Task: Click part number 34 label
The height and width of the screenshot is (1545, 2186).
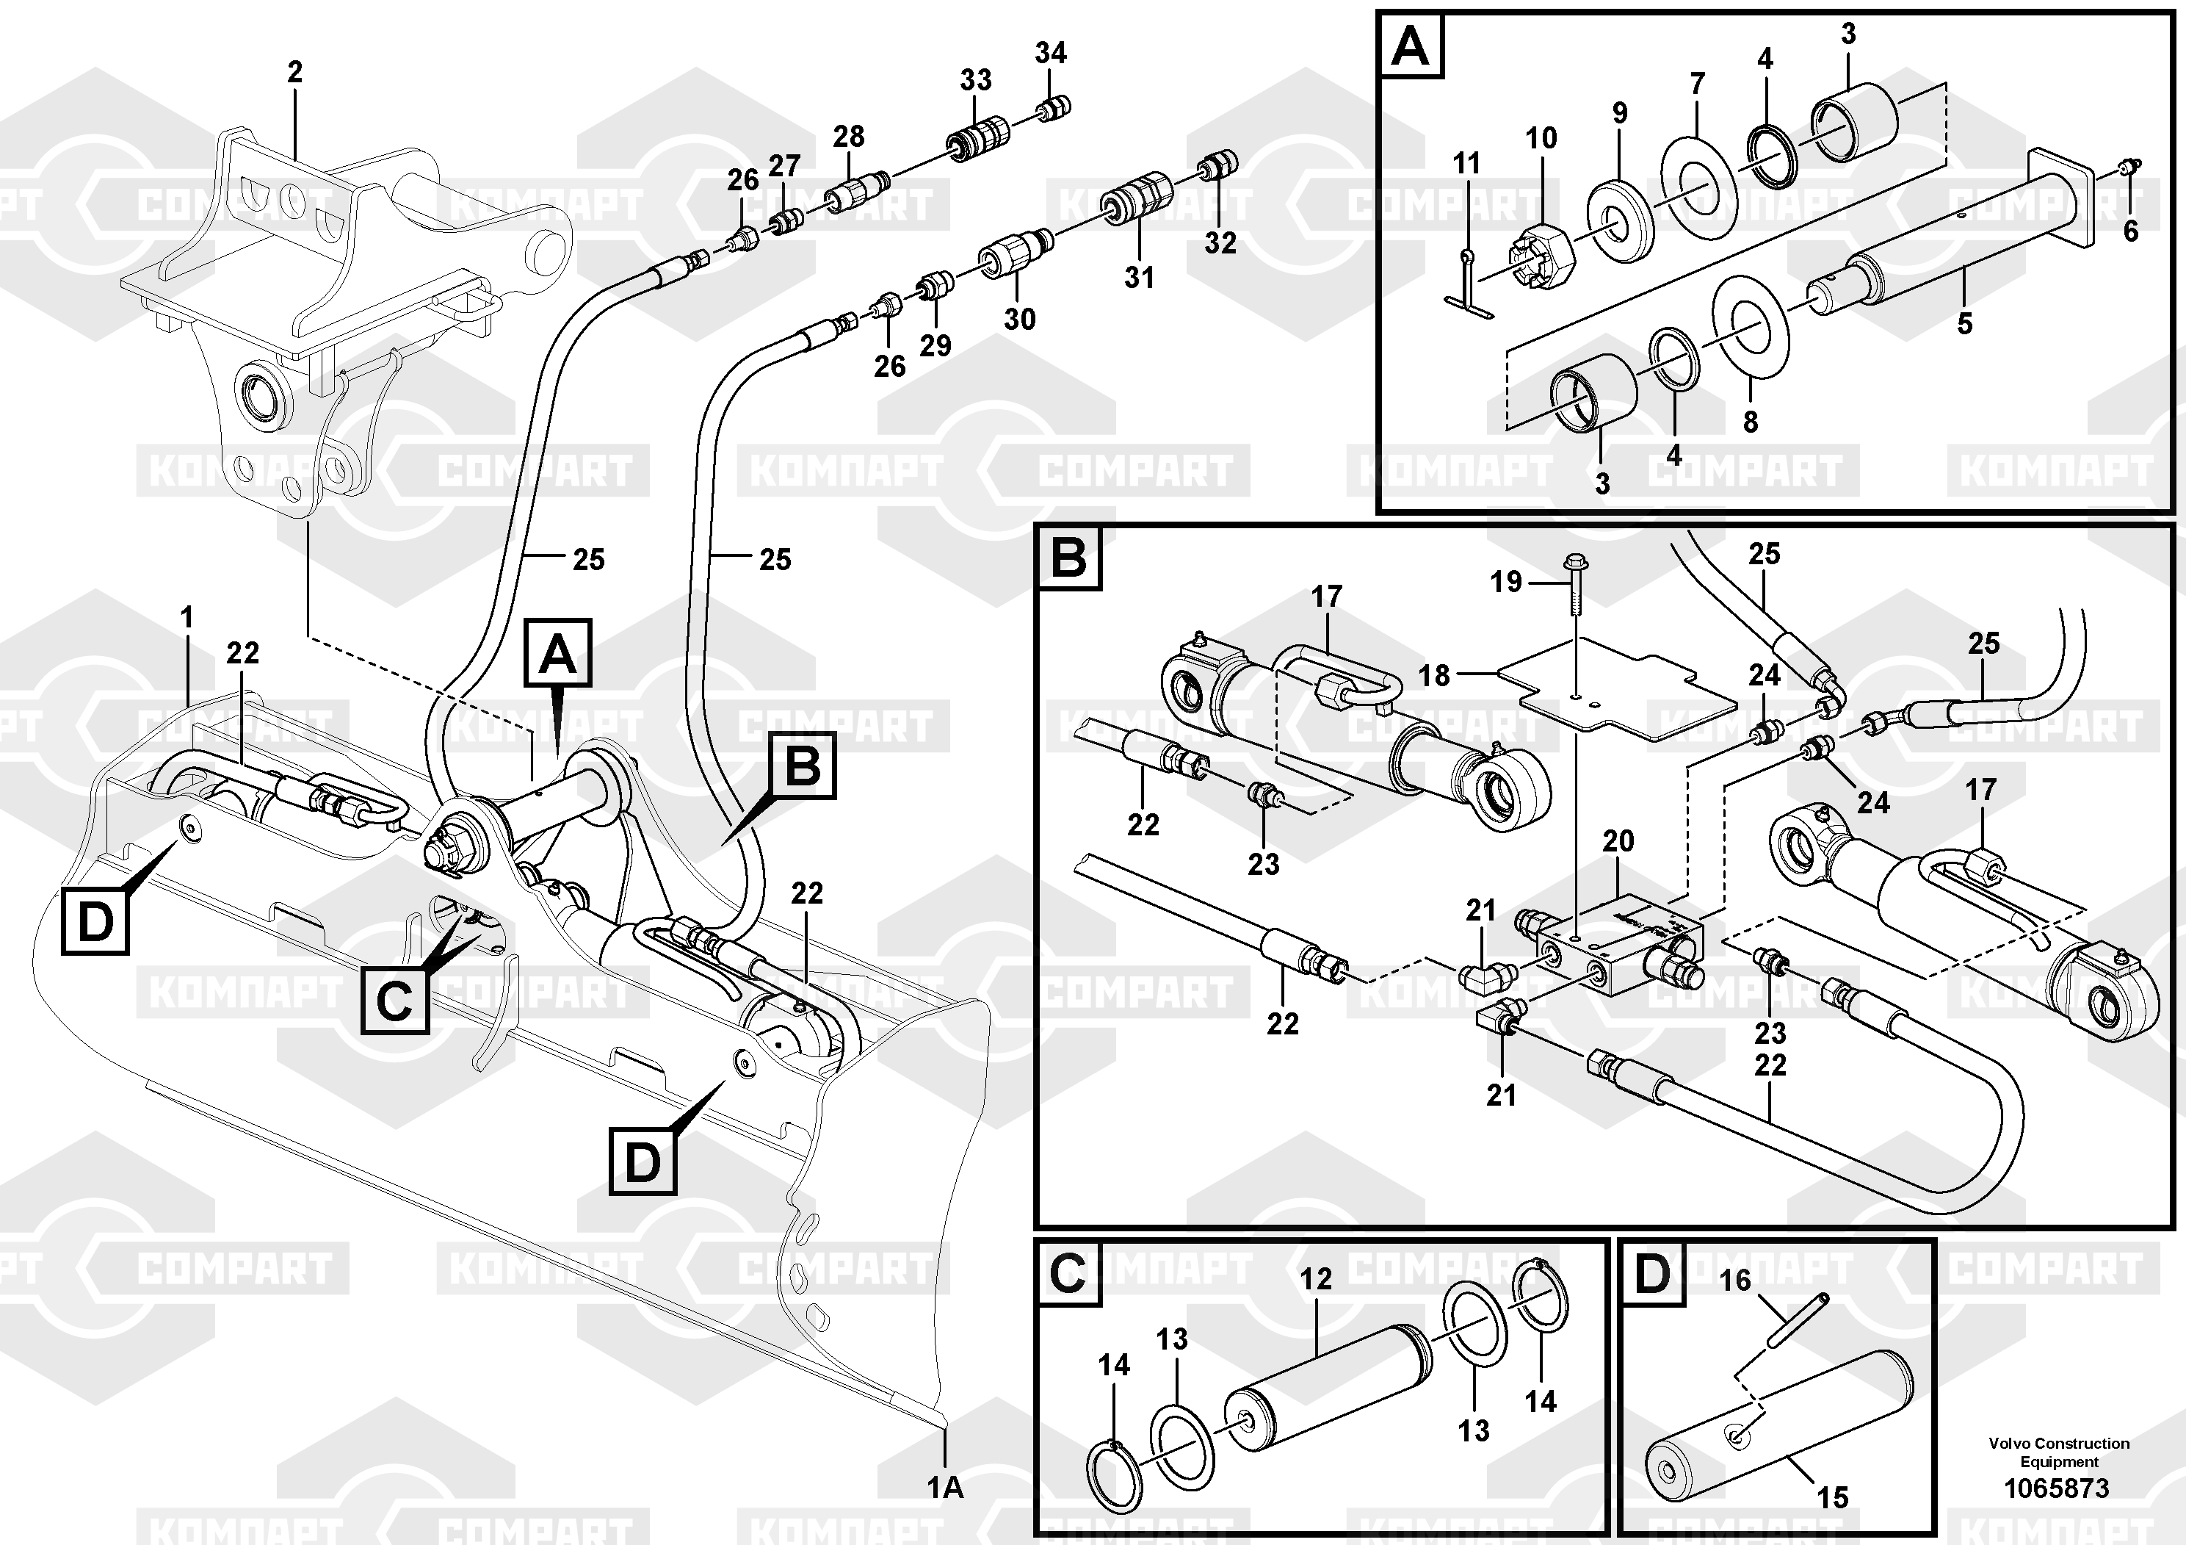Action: pyautogui.click(x=1050, y=54)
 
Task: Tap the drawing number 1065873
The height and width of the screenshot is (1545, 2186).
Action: pyautogui.click(x=2057, y=1488)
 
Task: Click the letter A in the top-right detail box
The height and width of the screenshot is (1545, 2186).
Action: pyautogui.click(x=1410, y=46)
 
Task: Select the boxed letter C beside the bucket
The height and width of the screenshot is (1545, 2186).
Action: pyautogui.click(x=394, y=1001)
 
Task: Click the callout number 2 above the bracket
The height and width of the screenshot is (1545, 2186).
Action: pyautogui.click(x=294, y=71)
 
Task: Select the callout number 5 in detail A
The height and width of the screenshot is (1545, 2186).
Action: pyautogui.click(x=1964, y=323)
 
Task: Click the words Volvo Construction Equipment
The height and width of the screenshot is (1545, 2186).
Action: pyautogui.click(x=2058, y=1452)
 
